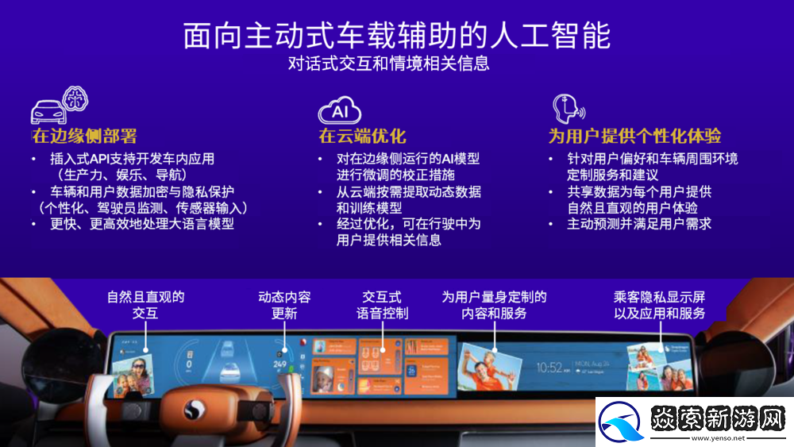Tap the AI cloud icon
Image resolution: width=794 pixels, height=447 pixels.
(x=339, y=110)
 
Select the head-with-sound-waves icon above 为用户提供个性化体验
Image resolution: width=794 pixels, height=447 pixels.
(x=567, y=108)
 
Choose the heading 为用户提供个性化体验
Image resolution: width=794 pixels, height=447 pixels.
(x=634, y=136)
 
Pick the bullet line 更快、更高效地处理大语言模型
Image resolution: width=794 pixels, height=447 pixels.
(x=142, y=224)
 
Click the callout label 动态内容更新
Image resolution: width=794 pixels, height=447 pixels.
(x=284, y=305)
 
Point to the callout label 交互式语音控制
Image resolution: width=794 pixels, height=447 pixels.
(x=382, y=305)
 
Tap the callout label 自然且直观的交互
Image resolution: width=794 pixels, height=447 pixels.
(x=146, y=305)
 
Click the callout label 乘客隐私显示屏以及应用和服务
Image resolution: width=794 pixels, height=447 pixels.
(x=659, y=305)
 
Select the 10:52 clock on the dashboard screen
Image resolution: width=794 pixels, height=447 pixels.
(x=549, y=368)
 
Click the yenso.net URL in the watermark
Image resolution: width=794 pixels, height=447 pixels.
(x=718, y=437)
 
